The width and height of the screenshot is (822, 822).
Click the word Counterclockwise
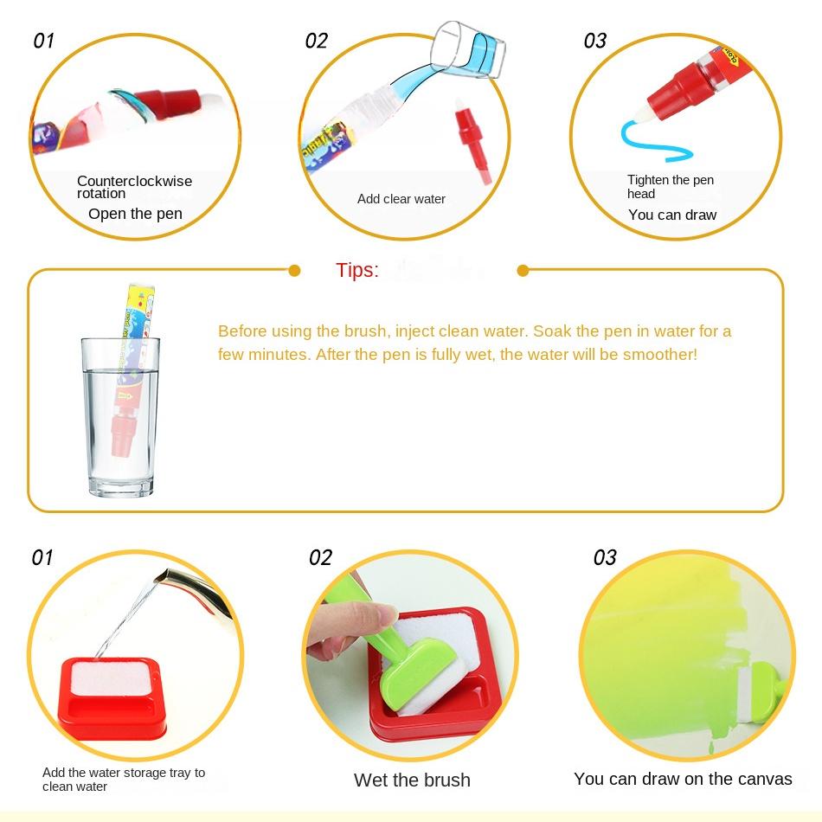tap(134, 181)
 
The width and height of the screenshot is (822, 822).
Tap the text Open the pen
tap(135, 214)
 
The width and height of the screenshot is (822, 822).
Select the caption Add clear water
tap(401, 199)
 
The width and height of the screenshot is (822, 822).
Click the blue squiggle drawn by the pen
tap(652, 142)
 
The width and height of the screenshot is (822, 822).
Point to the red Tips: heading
tap(357, 271)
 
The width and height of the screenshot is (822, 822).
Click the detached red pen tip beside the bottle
tap(472, 142)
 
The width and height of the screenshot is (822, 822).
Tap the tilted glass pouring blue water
tap(466, 50)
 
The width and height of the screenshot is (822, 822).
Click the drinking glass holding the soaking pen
tap(120, 417)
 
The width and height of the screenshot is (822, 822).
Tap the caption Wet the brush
tap(412, 780)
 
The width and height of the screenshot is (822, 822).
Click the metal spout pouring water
tap(191, 590)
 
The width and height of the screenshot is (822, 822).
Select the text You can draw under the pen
tap(672, 215)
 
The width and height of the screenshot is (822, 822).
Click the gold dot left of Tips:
tap(294, 271)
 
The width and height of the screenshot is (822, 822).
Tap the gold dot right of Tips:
tap(523, 271)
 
